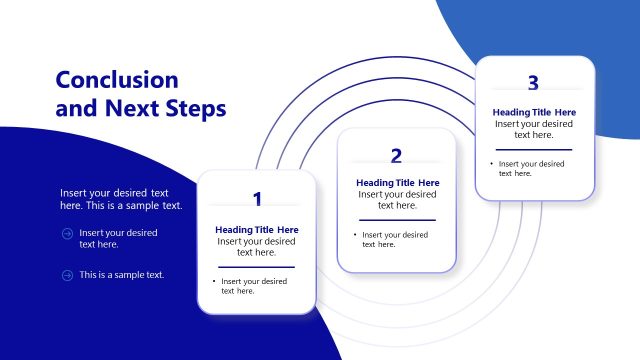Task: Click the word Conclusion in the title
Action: click(117, 80)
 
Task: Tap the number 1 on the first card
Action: click(257, 198)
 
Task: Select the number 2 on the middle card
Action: click(397, 155)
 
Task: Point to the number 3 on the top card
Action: click(533, 83)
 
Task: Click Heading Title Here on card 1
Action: click(257, 230)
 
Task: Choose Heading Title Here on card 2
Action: click(397, 183)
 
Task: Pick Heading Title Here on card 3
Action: click(534, 112)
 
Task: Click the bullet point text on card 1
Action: click(254, 286)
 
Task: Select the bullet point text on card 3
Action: click(531, 168)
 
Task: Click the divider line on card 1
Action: click(257, 267)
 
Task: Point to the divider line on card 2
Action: click(397, 220)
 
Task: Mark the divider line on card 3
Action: click(534, 149)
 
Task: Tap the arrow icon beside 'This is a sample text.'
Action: click(67, 275)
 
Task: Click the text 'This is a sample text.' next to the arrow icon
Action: click(122, 275)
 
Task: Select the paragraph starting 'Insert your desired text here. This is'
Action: click(121, 198)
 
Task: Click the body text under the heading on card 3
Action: click(534, 129)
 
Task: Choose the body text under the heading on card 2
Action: click(397, 200)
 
